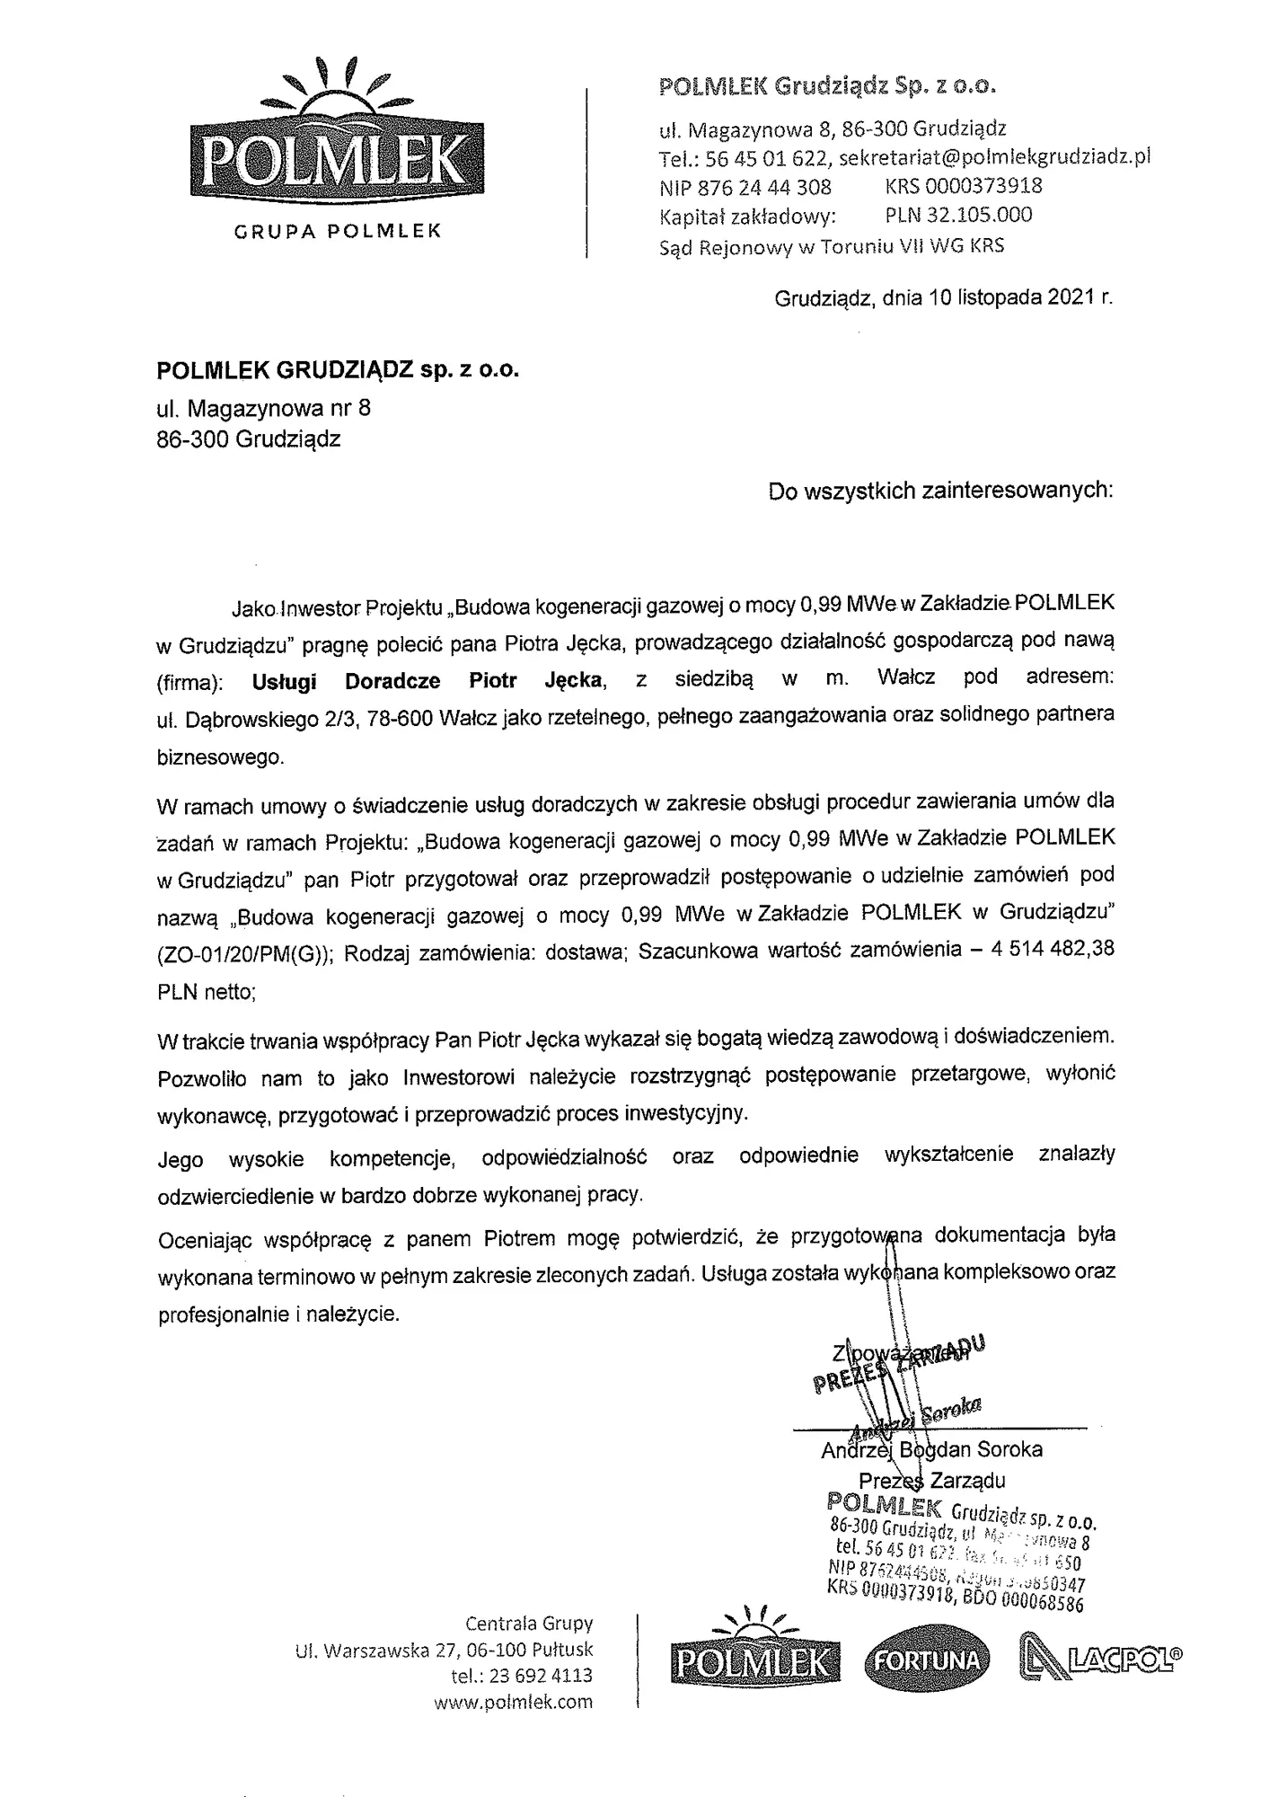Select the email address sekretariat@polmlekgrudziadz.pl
click(x=994, y=157)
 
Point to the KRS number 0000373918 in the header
click(x=963, y=186)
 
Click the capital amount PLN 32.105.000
click(x=958, y=215)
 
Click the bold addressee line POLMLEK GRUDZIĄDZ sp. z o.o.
click(x=338, y=371)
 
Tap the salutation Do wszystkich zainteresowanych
click(x=940, y=491)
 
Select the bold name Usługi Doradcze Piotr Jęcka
click(x=427, y=681)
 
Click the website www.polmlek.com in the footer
click(x=513, y=1702)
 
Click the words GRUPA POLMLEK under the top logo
click(x=338, y=231)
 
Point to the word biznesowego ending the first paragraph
click(x=220, y=757)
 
